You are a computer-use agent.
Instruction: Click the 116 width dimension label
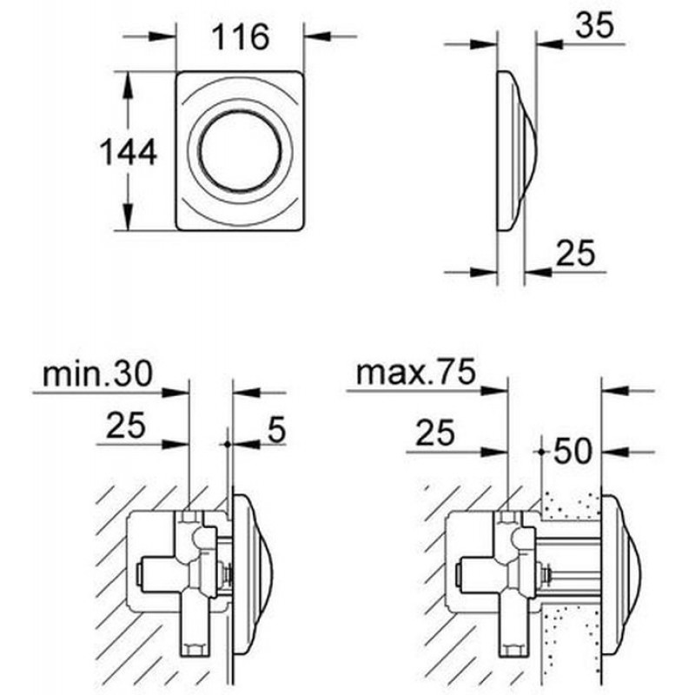click(241, 37)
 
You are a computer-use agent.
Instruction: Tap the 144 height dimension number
click(129, 151)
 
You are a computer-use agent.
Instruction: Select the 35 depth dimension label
click(595, 25)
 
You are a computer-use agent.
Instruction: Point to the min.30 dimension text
click(98, 374)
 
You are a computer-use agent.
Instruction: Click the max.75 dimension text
click(416, 373)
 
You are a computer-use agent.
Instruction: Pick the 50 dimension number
click(573, 451)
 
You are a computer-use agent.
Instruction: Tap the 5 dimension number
click(276, 429)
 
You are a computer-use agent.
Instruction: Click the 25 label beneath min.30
click(126, 425)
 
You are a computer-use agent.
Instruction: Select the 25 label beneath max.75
click(435, 432)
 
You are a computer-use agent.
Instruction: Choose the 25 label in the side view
click(575, 253)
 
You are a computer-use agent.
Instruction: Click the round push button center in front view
click(240, 150)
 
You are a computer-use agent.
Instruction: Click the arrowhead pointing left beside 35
click(550, 44)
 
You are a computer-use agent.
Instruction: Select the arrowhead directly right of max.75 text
click(494, 390)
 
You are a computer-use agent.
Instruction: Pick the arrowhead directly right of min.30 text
click(175, 393)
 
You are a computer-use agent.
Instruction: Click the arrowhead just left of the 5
click(246, 444)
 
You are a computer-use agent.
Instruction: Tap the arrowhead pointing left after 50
click(615, 452)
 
